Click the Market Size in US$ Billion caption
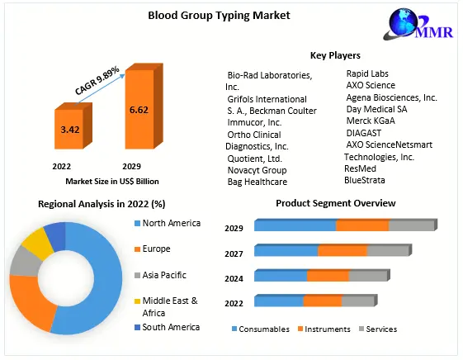(100, 181)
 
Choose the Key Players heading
(335, 55)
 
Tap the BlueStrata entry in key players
(365, 180)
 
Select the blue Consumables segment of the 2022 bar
(279, 301)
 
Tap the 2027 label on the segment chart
(234, 253)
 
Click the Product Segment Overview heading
(335, 203)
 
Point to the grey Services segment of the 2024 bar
(367, 276)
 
